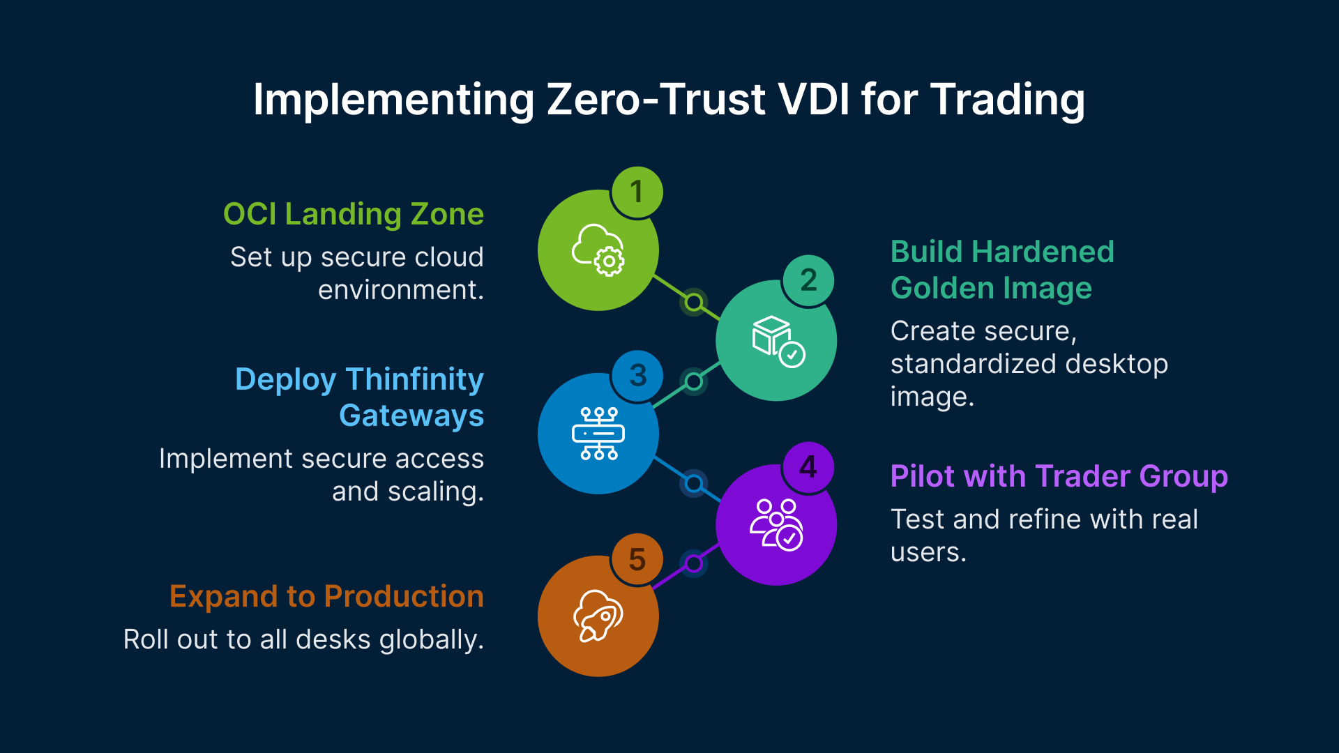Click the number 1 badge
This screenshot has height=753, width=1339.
point(637,192)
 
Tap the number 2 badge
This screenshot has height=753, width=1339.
point(808,280)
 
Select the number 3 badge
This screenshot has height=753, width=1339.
point(637,376)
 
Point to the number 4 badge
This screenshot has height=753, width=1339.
point(808,467)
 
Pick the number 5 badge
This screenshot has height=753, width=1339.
point(637,559)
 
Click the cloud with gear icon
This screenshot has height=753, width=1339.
point(598,250)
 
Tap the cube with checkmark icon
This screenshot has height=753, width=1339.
point(777,341)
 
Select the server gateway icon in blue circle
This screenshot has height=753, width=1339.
point(598,434)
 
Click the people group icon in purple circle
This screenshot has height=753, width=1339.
point(776,525)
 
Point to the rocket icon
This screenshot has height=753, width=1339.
point(598,616)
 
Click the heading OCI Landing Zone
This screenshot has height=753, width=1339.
point(353,214)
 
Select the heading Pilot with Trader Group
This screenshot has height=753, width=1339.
point(1059,476)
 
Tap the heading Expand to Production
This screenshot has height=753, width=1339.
point(326,597)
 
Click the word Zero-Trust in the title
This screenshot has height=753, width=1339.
point(656,100)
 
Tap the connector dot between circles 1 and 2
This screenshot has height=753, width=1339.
point(693,303)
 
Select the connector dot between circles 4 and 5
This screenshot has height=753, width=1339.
point(693,563)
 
